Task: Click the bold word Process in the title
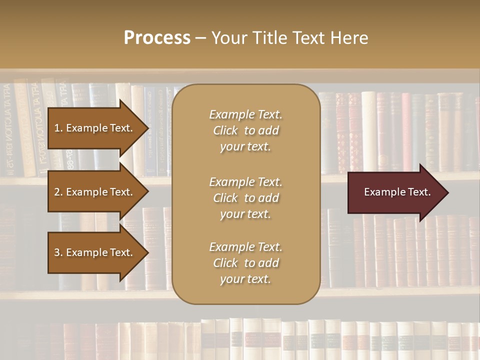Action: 157,38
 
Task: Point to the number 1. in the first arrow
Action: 58,128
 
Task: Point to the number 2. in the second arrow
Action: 58,192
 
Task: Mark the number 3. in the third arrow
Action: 58,252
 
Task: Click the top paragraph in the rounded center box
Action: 245,130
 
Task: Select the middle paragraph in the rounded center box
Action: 245,198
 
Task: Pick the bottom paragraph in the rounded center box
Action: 245,263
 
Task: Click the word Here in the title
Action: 349,38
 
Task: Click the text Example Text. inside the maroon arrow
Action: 397,192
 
